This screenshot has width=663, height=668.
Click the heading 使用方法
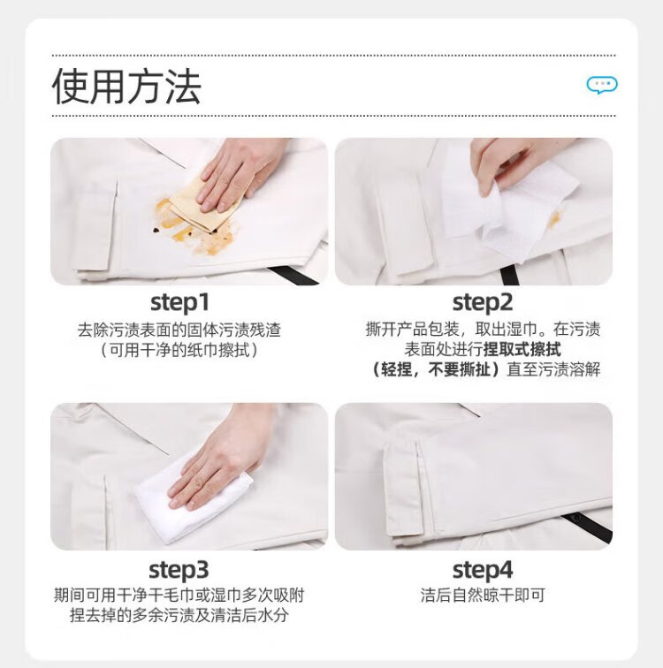pos(126,87)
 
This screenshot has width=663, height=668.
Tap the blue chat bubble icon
pos(602,85)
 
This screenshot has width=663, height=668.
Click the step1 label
pos(179,303)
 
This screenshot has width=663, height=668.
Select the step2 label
pos(483,303)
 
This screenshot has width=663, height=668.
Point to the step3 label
pos(179,570)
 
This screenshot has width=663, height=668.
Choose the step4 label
pos(483,570)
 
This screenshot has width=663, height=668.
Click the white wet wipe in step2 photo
pos(507,204)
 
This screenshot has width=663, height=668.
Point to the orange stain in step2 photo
pos(553,219)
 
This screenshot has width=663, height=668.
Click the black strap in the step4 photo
pos(587,527)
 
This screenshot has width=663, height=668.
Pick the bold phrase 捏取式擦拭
pos(522,349)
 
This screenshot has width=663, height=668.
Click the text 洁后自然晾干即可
pos(483,596)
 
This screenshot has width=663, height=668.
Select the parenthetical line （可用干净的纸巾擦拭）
pos(179,350)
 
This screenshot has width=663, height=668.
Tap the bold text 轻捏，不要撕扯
pos(436,369)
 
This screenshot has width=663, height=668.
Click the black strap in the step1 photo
pos(293,275)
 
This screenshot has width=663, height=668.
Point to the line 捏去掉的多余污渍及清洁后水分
pos(179,615)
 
